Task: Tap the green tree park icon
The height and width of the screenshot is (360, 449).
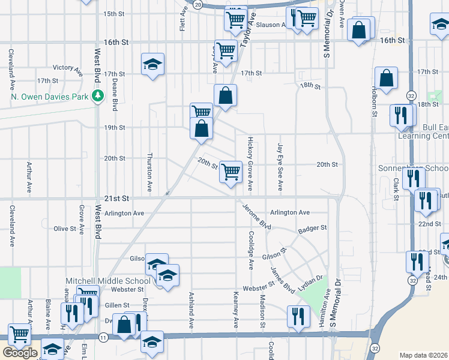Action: click(x=96, y=96)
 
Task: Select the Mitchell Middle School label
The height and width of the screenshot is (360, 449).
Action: click(x=108, y=281)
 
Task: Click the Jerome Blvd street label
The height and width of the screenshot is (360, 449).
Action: click(x=257, y=217)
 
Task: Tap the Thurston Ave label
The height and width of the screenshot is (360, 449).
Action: click(x=149, y=166)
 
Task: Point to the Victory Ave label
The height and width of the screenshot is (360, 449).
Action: click(x=67, y=69)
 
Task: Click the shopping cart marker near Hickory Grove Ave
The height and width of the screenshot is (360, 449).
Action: click(x=231, y=172)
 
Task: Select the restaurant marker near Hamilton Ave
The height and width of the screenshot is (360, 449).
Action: click(x=298, y=316)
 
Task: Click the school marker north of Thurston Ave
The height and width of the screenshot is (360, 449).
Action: click(x=153, y=64)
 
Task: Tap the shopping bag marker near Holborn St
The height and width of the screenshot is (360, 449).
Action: click(x=386, y=78)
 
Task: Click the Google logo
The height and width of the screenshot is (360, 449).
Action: click(x=20, y=353)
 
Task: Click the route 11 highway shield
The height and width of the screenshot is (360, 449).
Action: click(x=104, y=338)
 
